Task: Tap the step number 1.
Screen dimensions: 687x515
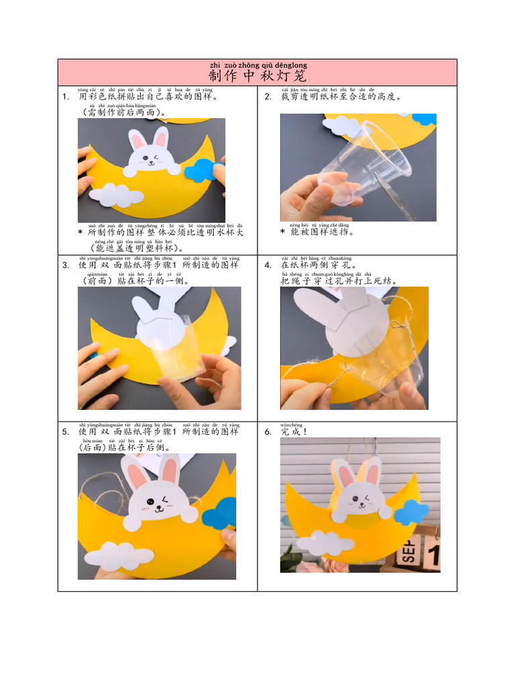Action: (x=65, y=97)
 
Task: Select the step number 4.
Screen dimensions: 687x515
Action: (x=268, y=265)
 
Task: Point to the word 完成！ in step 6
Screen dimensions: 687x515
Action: (x=294, y=432)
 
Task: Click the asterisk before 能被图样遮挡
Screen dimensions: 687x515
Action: (x=283, y=232)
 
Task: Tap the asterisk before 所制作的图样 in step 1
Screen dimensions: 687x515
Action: (x=80, y=233)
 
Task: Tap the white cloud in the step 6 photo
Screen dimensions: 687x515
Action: (x=325, y=541)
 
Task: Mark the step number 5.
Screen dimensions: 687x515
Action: (x=65, y=432)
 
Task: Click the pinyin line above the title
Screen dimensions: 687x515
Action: (x=257, y=65)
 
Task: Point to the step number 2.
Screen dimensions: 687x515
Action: (x=268, y=97)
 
